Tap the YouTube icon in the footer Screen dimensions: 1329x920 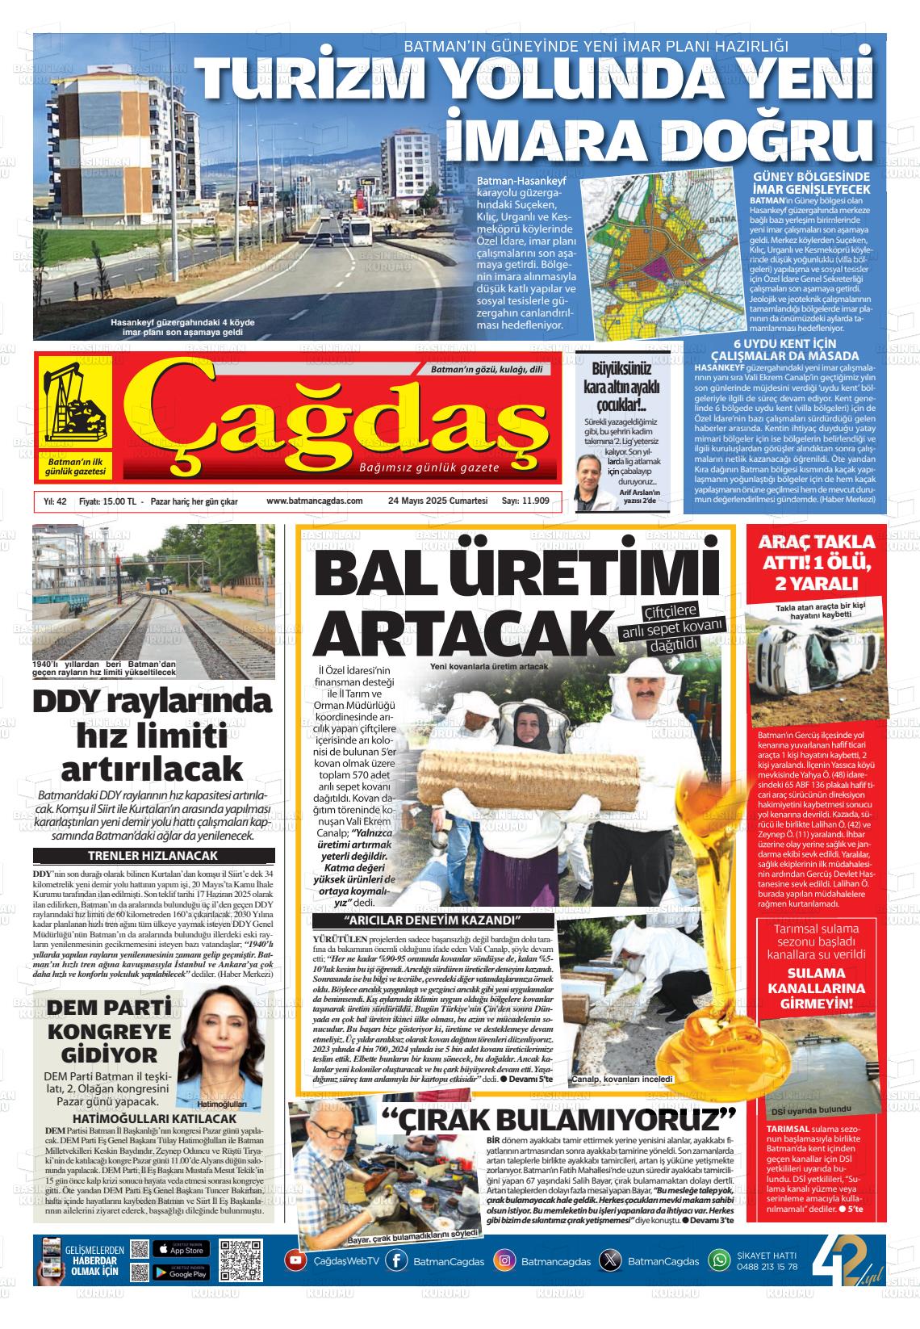295,1260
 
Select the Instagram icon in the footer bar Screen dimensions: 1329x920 504,1260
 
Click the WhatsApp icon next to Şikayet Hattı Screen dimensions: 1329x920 718,1260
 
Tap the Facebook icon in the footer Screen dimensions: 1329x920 396,1260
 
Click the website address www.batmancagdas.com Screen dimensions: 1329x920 315,501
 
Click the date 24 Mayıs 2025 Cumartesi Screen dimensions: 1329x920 438,501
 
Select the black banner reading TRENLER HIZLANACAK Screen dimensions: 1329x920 153,856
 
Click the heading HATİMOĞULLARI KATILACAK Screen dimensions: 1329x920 153,1118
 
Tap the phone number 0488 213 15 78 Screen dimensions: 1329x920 767,1266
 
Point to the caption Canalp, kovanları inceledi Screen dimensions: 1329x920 621,1079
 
